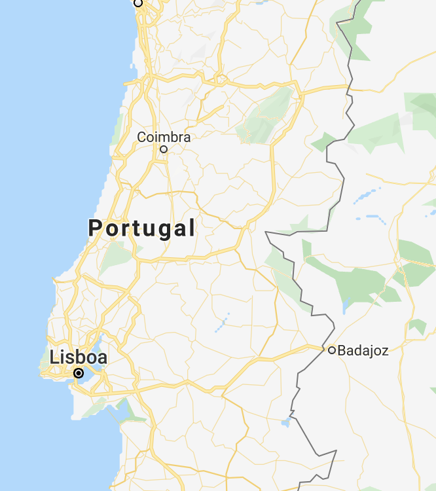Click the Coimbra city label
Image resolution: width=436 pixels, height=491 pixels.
point(164,137)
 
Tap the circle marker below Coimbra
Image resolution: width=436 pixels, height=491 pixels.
point(164,149)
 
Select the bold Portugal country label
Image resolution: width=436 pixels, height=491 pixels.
point(141,228)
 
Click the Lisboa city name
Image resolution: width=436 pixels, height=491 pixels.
point(78,357)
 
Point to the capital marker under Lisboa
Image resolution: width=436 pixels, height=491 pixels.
point(79,373)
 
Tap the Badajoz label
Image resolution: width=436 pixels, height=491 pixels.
point(363,350)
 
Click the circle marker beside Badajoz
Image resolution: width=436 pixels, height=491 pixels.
point(332,350)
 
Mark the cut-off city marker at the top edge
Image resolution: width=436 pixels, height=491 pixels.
point(138,3)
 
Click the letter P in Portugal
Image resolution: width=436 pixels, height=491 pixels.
point(96,228)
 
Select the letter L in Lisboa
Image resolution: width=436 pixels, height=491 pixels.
point(54,357)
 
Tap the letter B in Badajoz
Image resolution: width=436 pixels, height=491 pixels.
point(342,350)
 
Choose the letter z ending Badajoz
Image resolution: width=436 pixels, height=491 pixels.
point(385,351)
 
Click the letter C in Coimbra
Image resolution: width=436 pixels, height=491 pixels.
point(141,137)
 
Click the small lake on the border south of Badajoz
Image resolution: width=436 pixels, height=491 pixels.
point(285,422)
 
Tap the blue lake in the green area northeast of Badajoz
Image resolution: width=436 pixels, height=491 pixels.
point(346,303)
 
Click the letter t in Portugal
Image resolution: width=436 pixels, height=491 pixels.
point(133,228)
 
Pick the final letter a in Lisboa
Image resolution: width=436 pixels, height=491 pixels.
point(102,358)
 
